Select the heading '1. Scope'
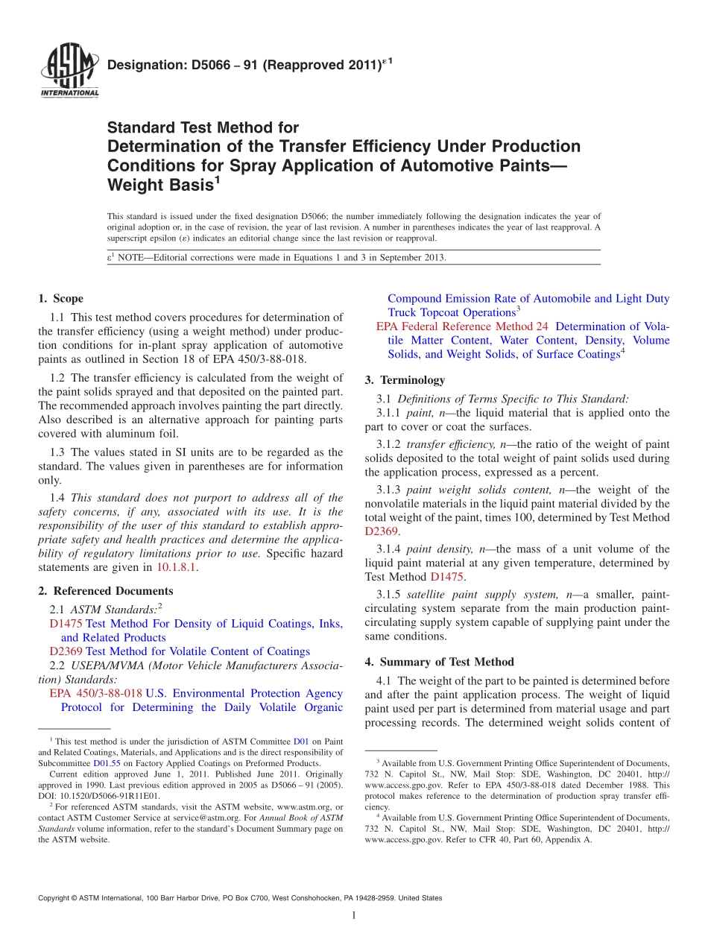tap(60, 299)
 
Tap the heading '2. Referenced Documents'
tap(105, 591)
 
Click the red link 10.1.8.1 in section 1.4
tap(177, 567)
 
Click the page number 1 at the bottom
tap(354, 916)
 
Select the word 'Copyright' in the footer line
tap(56, 899)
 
